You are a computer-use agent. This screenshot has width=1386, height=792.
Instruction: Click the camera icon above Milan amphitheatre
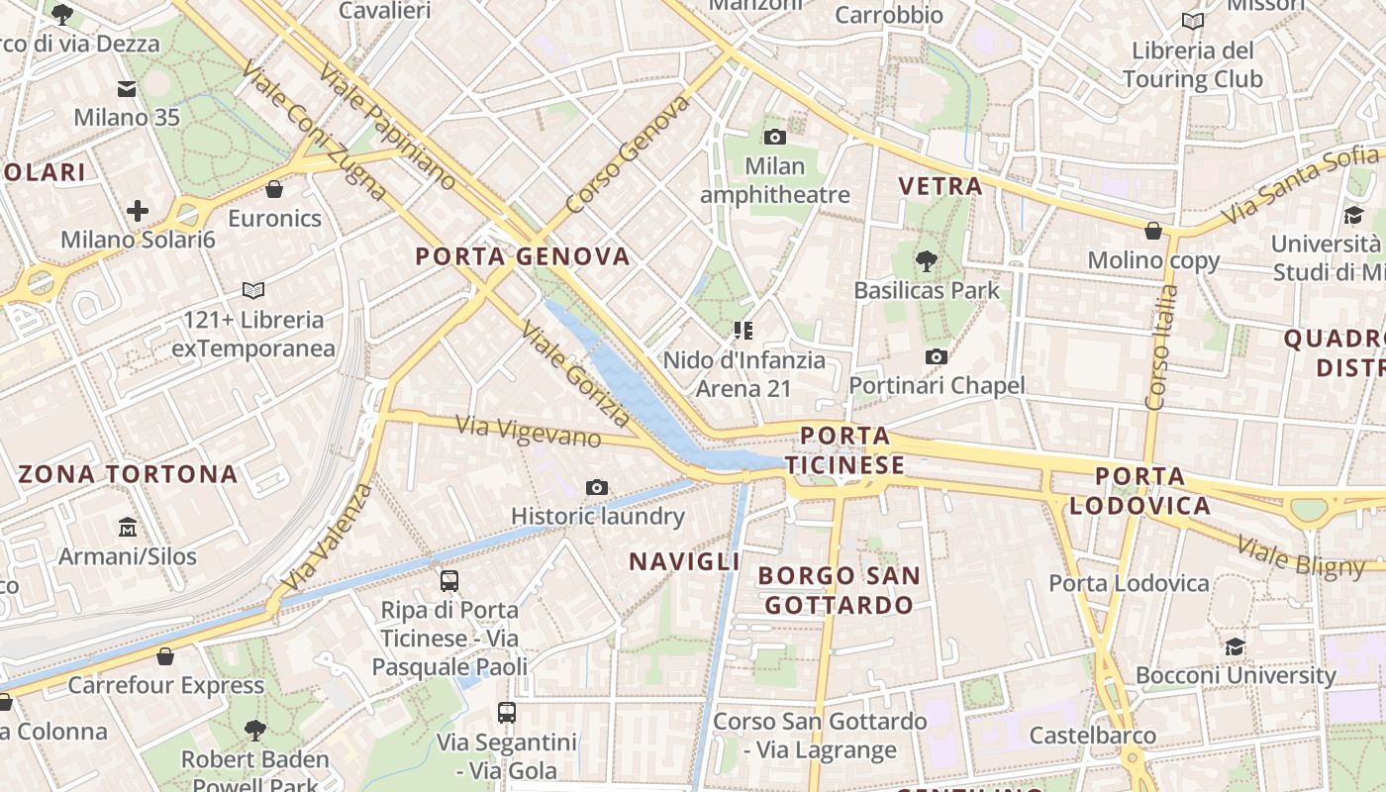point(775,137)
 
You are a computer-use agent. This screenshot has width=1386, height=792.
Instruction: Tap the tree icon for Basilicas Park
point(926,261)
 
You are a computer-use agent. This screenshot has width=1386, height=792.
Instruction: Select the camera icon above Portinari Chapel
point(936,356)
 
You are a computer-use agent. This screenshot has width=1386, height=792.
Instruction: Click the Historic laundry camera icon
point(596,487)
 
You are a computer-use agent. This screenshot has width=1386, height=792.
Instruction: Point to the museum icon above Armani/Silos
point(127,527)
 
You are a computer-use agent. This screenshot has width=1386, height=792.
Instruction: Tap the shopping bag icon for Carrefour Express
point(165,656)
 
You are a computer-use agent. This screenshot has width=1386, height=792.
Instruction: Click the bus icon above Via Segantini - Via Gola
point(506,713)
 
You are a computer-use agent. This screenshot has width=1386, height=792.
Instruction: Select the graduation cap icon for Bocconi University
point(1235,646)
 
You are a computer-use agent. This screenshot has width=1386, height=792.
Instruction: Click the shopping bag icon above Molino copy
point(1152,231)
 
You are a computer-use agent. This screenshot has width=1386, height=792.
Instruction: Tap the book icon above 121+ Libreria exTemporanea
point(253,290)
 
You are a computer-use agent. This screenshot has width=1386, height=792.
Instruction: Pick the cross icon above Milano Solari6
point(137,210)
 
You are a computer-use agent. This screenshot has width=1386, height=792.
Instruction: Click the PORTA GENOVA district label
point(523,256)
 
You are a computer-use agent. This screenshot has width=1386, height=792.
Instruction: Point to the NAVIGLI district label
point(684,561)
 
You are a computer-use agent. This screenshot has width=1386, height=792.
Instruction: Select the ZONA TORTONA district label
point(128,473)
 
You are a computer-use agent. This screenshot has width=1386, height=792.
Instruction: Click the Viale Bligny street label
point(1301,556)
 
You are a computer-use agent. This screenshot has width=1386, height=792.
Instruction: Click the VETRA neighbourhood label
point(940,186)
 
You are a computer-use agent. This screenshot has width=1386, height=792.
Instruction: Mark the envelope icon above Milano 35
point(127,89)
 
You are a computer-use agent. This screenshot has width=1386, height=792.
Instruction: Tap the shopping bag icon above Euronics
point(274,188)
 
